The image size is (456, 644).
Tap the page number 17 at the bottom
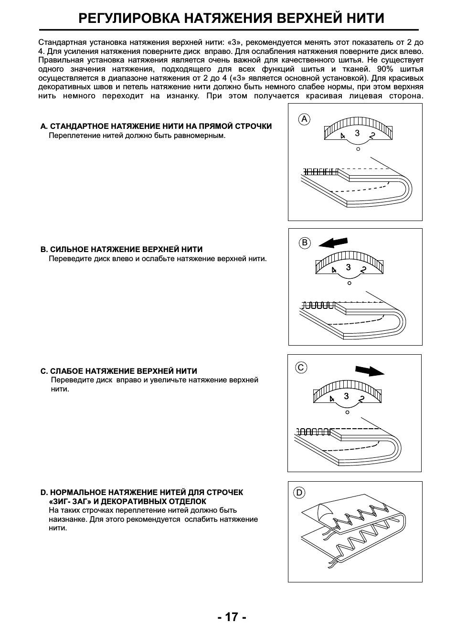(232, 617)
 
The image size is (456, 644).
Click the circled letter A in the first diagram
(304, 119)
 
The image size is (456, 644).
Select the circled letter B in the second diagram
(305, 243)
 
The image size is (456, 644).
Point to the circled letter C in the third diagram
(301, 368)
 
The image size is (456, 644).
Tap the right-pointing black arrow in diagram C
(370, 370)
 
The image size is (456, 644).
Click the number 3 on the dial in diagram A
(357, 133)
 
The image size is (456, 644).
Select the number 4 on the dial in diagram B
(334, 270)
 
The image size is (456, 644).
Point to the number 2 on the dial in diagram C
(361, 399)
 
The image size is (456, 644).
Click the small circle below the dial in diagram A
(358, 149)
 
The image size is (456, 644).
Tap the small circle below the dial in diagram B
(350, 283)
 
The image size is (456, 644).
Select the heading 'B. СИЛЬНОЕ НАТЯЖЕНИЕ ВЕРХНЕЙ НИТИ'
(121, 249)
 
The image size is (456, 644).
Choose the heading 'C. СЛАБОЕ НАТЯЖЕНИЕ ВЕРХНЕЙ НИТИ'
(119, 371)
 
